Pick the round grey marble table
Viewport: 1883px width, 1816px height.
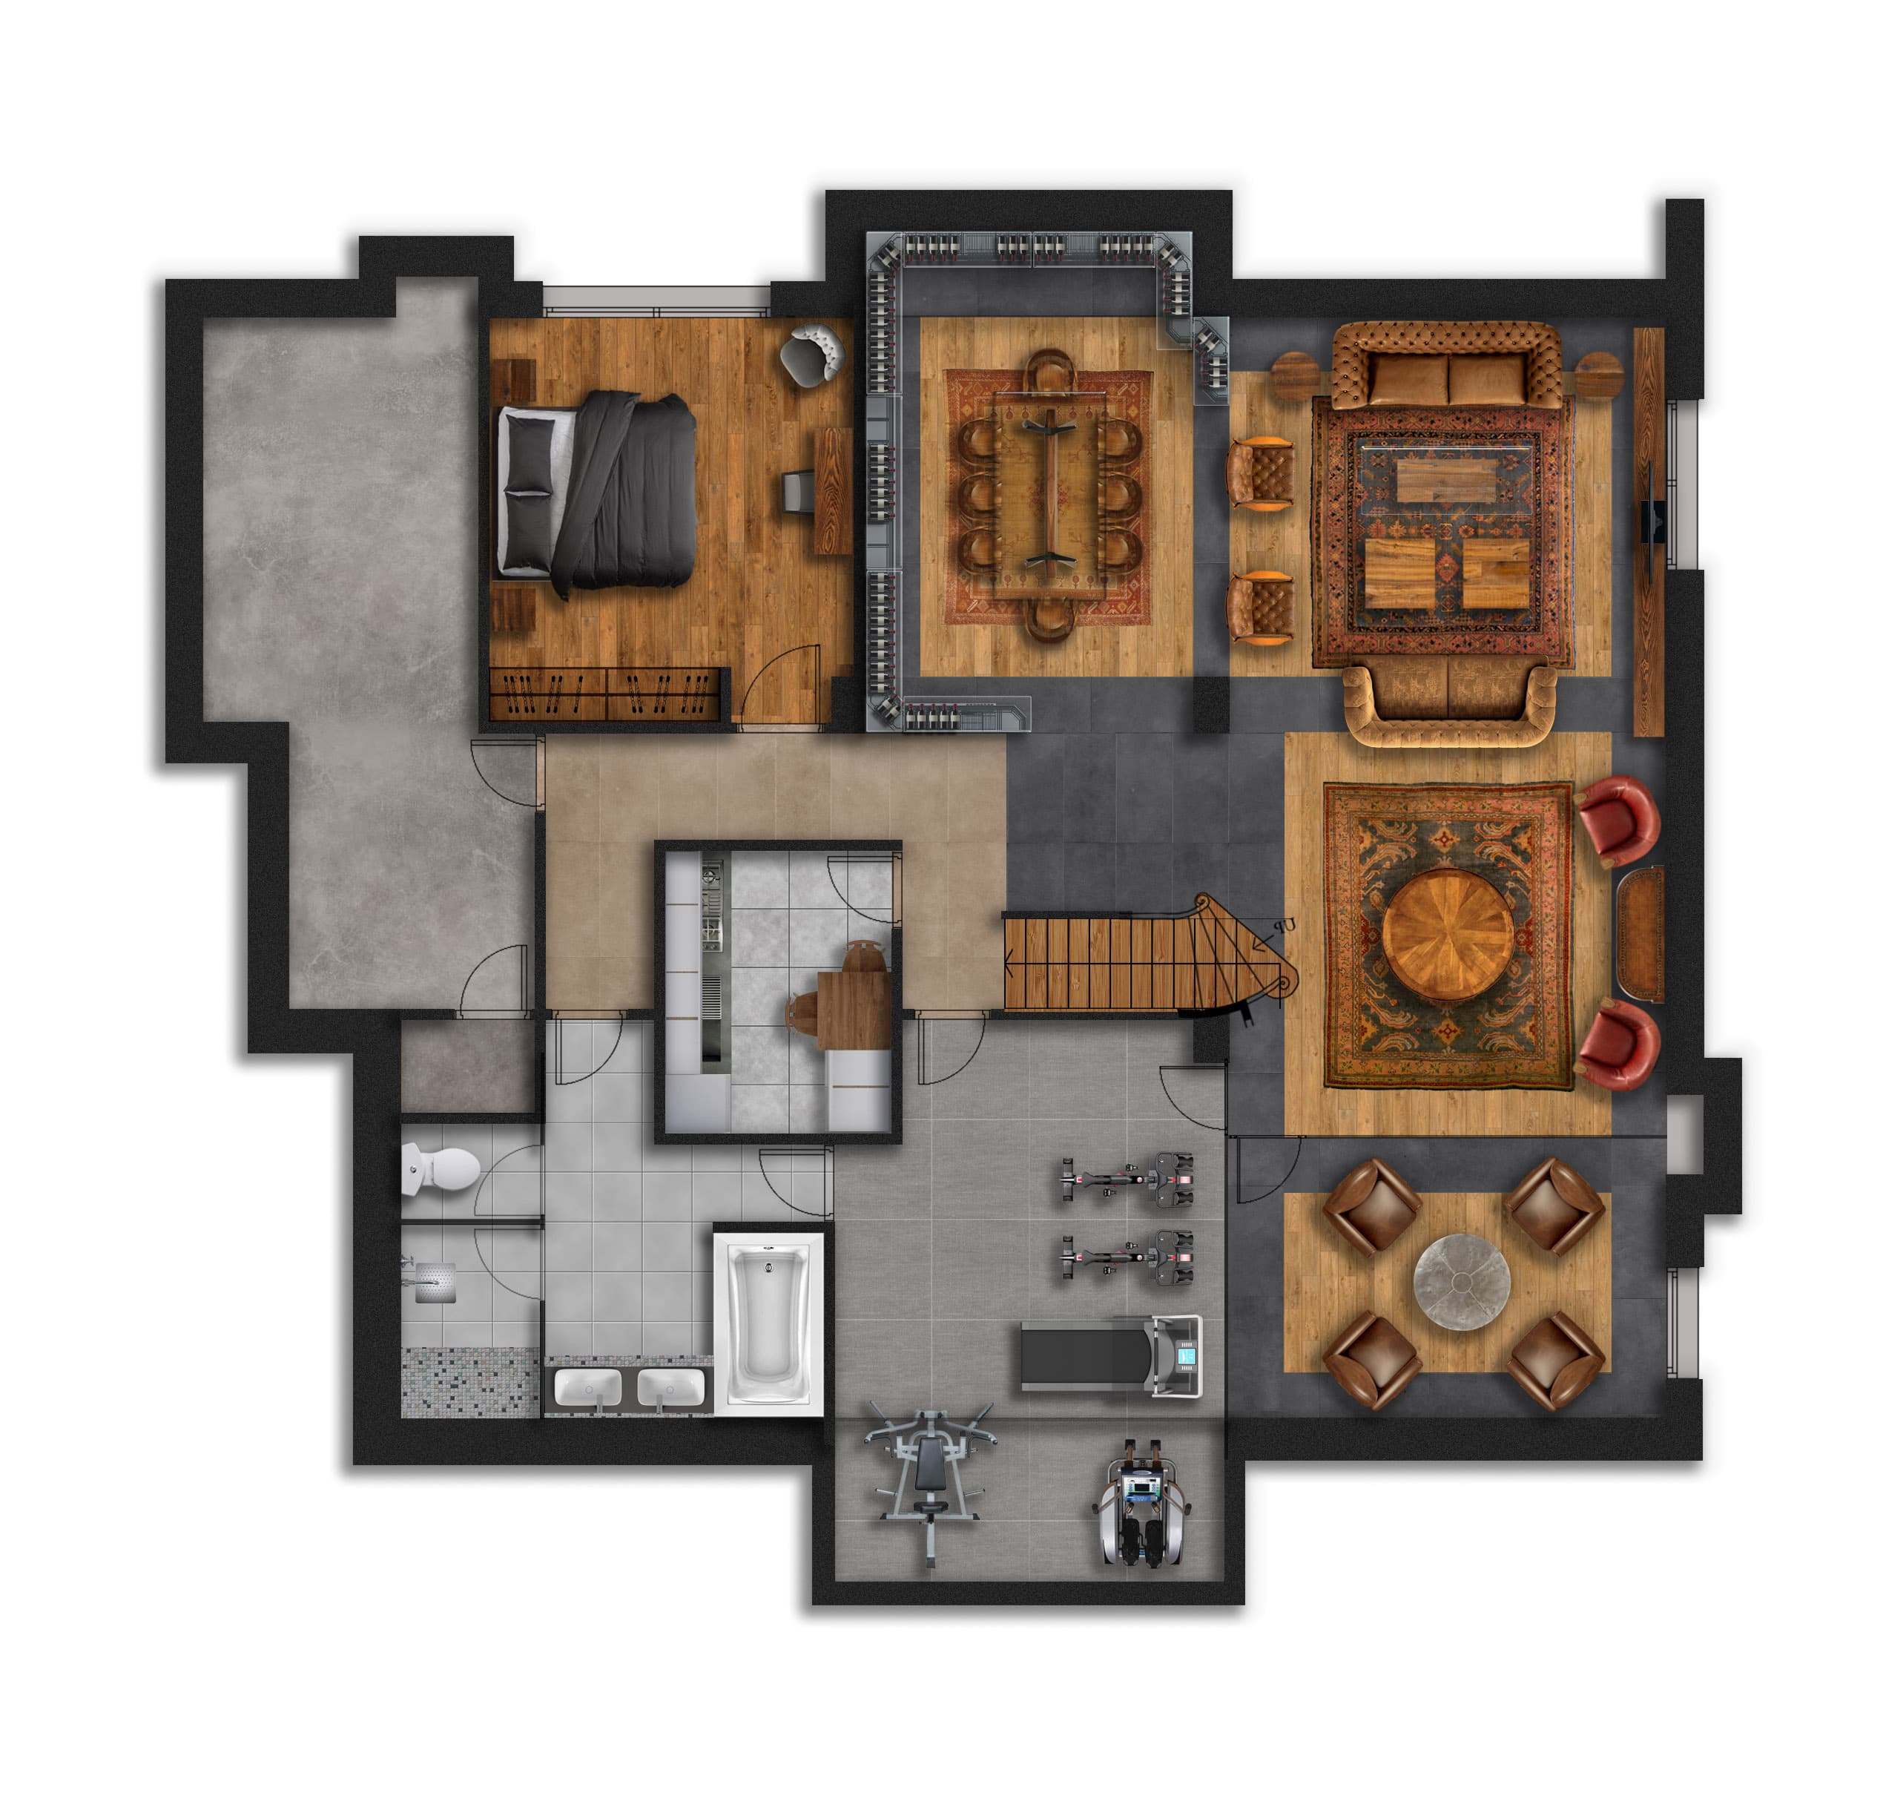point(1461,1282)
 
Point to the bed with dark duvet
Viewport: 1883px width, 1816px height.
point(596,490)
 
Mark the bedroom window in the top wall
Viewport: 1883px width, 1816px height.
point(656,299)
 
